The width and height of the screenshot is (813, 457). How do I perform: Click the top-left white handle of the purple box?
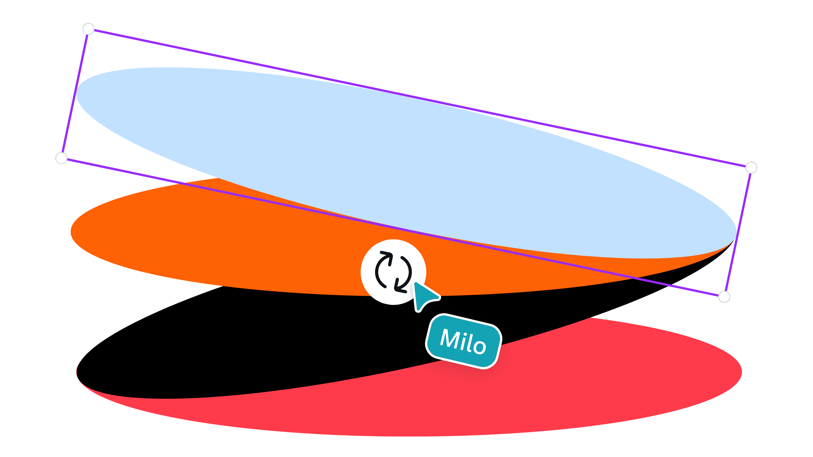click(88, 29)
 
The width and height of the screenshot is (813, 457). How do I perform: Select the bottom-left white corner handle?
click(61, 158)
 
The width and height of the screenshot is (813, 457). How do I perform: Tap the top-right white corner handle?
click(751, 168)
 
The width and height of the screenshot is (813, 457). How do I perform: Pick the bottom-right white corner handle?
click(724, 297)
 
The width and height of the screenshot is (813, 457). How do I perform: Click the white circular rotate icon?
click(393, 272)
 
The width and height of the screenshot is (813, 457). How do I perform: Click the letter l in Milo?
click(469, 342)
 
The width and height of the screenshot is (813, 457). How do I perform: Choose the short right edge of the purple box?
click(738, 232)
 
